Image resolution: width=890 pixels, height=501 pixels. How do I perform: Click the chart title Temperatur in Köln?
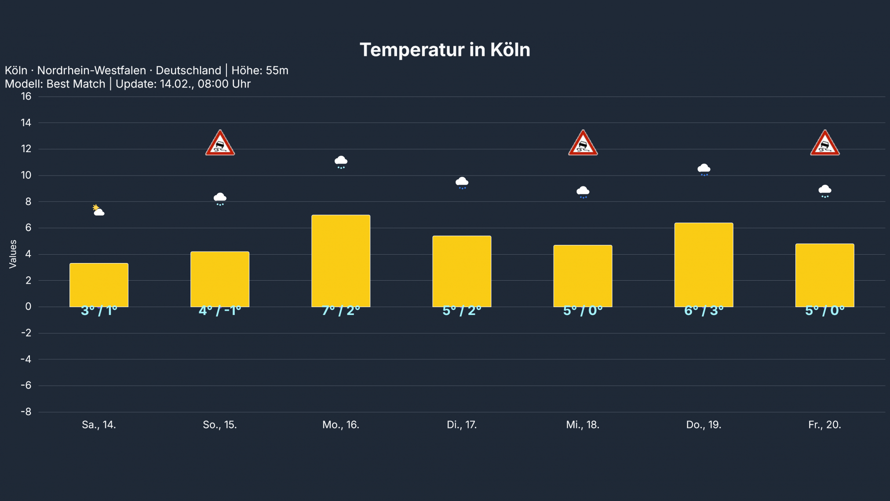pos(445,50)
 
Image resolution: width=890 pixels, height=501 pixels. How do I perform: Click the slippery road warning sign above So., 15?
pos(220,143)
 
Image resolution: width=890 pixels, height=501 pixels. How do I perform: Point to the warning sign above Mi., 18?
pos(583,143)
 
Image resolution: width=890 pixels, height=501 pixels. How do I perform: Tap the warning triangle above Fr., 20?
pos(824,143)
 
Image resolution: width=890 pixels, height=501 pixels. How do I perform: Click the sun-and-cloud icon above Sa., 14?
pos(98,210)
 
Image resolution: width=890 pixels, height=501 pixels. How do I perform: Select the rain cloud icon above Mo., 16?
pos(341,162)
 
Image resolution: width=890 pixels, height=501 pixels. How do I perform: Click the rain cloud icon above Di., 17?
pos(462,183)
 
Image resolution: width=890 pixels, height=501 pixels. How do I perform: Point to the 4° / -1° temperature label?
pos(220,311)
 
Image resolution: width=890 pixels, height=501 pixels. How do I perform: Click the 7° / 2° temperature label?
pos(341,311)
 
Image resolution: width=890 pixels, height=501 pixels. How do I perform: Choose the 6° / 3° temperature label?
pos(704,311)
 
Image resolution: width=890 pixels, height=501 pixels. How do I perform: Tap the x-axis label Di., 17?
pos(462,425)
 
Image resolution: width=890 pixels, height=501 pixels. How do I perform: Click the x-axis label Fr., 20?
pos(824,425)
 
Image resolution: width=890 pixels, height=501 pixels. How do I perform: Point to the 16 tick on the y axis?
pos(26,96)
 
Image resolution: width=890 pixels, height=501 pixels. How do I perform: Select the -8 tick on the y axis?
pos(26,412)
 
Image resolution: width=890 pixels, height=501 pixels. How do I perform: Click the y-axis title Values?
pos(13,254)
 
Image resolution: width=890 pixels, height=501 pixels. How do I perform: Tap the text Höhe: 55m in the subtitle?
pos(260,70)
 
